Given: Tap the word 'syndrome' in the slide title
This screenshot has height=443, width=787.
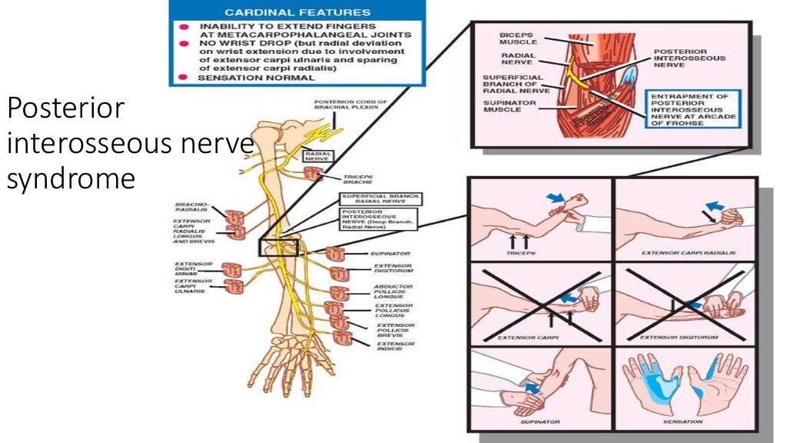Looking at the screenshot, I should point(71,178).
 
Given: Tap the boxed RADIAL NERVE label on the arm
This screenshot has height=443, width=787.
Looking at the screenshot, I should point(318,156).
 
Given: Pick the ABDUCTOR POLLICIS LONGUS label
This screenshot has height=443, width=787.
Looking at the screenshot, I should point(393,292).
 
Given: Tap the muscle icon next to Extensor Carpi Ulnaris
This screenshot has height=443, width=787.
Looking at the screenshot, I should point(232,288).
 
